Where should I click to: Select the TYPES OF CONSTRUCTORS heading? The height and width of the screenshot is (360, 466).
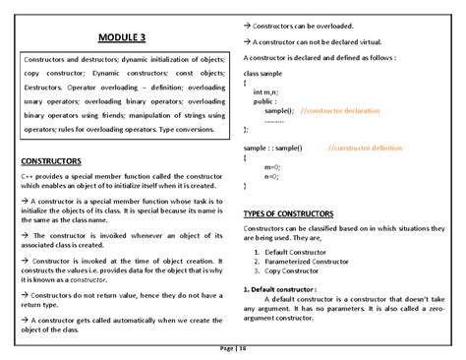[x=288, y=212]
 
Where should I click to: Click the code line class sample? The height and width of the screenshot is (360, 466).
[x=263, y=74]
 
